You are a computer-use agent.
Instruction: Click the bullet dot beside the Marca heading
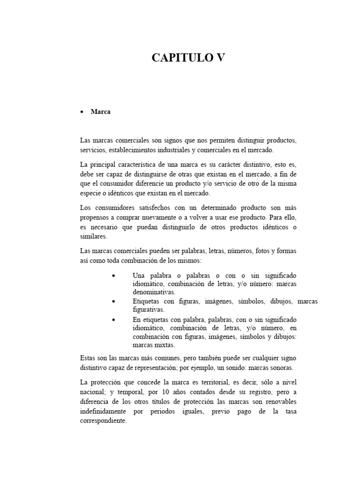pyautogui.click(x=82, y=112)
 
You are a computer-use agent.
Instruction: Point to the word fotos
pyautogui.click(x=254, y=251)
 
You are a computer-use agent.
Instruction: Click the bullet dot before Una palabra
pyautogui.click(x=114, y=275)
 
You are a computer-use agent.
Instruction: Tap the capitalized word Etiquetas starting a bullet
pyautogui.click(x=146, y=301)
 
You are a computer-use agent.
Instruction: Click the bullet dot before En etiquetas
pyautogui.click(x=114, y=319)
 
